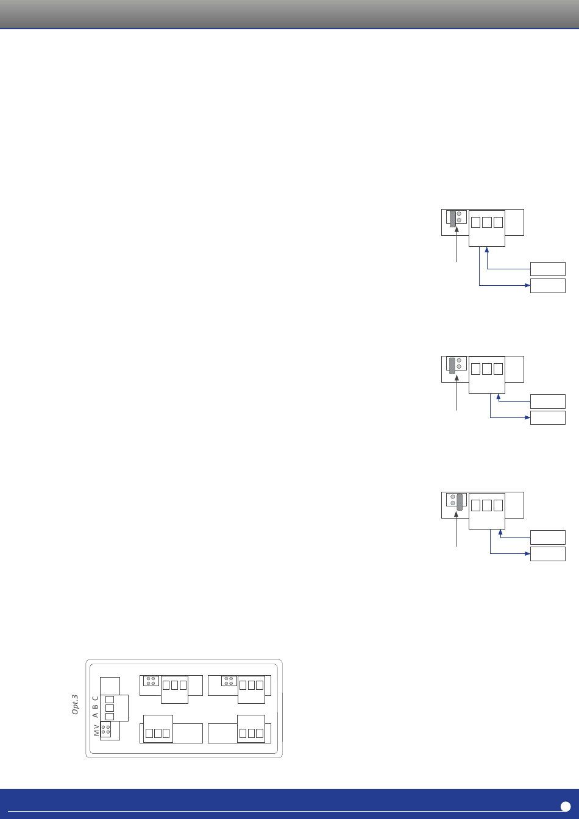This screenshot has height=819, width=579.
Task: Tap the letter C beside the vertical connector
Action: coord(96,698)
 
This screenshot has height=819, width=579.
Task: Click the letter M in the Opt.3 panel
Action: coord(96,733)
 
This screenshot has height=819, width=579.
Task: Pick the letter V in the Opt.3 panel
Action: coord(96,726)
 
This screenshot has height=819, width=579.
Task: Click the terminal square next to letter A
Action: coord(110,717)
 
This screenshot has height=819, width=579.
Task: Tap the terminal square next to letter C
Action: coord(110,699)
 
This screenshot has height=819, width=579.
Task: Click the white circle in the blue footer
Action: coord(565,806)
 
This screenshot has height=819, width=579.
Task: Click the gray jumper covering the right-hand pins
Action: coord(460,501)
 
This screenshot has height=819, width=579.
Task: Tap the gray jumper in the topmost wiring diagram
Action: coord(453,219)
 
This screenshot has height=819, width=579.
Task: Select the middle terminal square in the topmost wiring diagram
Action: coord(487,222)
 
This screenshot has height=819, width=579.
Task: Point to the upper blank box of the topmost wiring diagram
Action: coord(547,269)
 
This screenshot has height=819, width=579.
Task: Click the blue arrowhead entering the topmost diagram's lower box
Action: coord(527,286)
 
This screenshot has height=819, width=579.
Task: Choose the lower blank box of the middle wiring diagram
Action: coord(547,417)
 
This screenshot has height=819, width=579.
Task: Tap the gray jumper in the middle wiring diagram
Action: coord(452,365)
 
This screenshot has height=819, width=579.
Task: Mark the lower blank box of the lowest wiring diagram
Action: coord(547,553)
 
